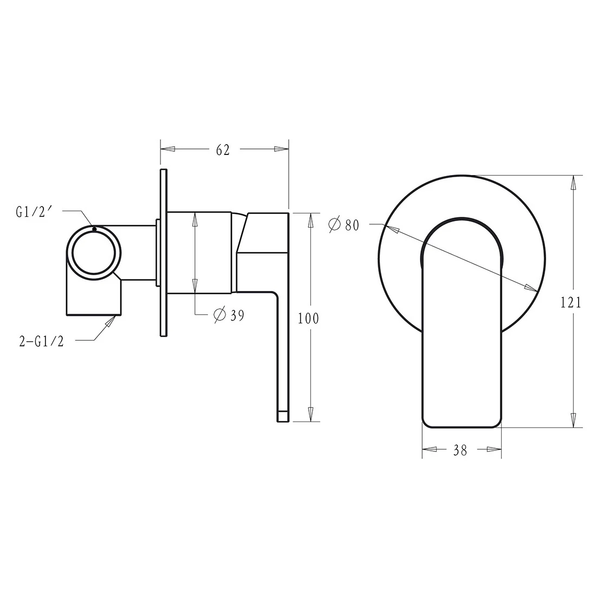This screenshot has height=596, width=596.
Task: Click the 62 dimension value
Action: (x=223, y=150)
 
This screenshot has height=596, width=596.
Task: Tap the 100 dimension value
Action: (x=308, y=318)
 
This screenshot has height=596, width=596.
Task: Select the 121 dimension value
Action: (x=571, y=302)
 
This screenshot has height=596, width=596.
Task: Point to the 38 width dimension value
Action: (x=460, y=450)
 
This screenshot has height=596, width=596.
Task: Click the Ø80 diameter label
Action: (x=344, y=225)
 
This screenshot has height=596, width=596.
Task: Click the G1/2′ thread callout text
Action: (x=34, y=212)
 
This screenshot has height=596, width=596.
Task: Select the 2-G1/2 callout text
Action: (x=41, y=341)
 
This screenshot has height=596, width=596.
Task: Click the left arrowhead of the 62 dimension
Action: (x=167, y=149)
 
